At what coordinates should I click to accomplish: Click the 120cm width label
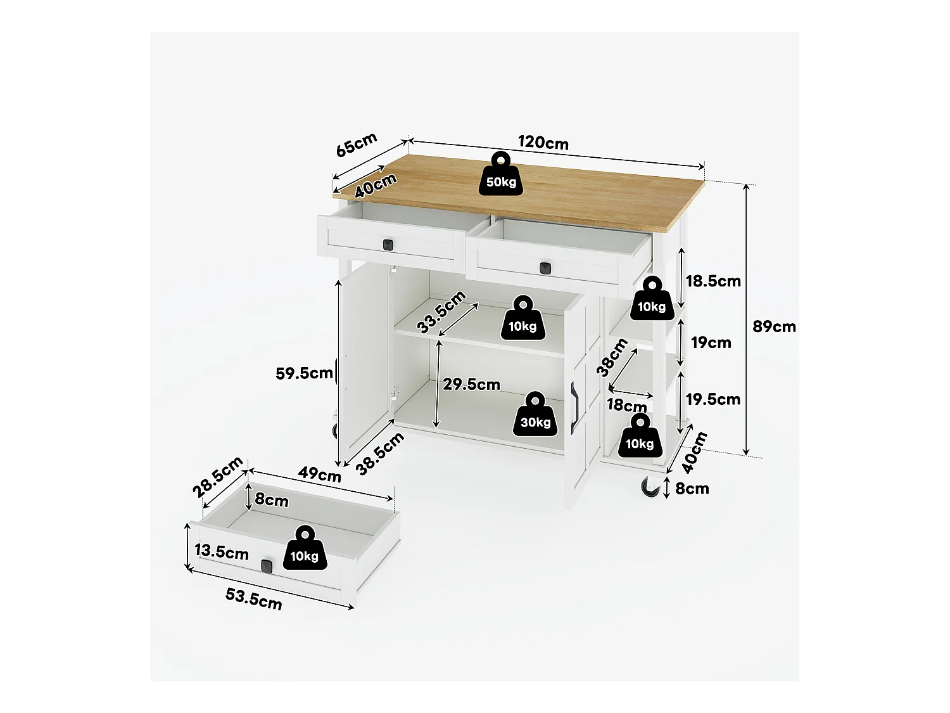(543, 143)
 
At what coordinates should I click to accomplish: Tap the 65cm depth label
(356, 145)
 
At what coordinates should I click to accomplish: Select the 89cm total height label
(774, 326)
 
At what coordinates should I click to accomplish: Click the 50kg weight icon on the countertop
(501, 174)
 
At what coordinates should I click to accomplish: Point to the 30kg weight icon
(535, 414)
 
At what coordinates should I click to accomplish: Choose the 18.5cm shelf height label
(713, 281)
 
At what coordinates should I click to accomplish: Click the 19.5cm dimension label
(712, 399)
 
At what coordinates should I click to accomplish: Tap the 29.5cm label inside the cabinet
(471, 385)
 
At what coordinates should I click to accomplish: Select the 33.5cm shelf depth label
(441, 312)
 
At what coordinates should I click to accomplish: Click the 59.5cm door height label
(304, 373)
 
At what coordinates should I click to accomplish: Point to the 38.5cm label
(379, 454)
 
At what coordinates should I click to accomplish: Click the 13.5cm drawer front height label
(221, 551)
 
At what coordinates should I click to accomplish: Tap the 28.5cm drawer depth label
(217, 477)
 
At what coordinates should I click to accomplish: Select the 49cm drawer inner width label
(320, 475)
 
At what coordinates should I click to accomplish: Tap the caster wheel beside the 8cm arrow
(649, 487)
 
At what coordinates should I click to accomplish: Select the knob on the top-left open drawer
(388, 243)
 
